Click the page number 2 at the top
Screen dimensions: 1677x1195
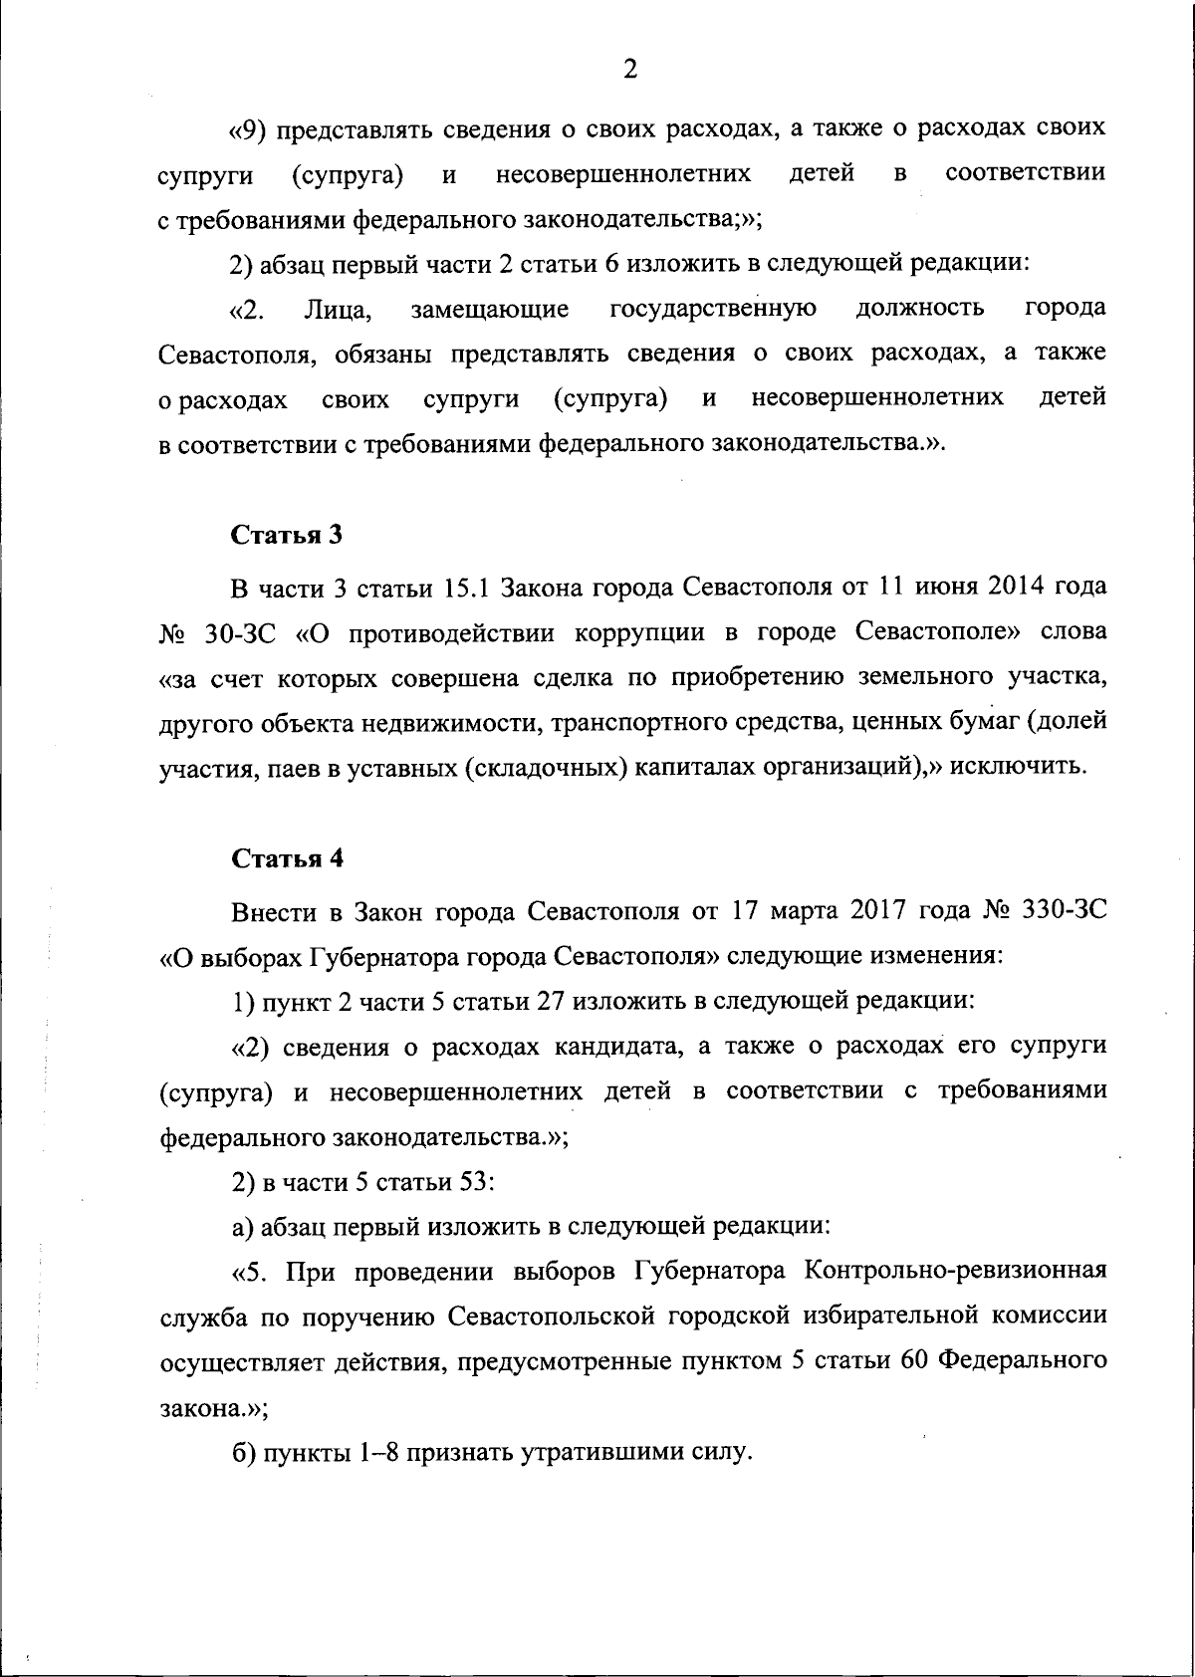(628, 69)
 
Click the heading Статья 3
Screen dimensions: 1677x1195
(287, 535)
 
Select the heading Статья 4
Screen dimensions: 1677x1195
(287, 858)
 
